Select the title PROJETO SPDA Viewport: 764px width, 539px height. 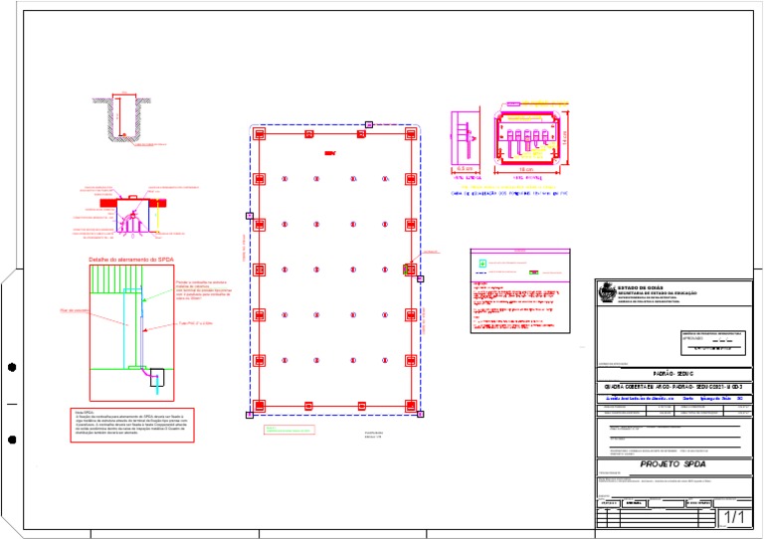coord(672,463)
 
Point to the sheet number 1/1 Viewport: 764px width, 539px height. coord(734,517)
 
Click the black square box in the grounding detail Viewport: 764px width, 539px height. coord(157,378)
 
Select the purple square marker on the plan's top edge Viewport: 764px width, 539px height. coord(368,124)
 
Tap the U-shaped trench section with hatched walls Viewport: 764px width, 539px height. coord(118,117)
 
